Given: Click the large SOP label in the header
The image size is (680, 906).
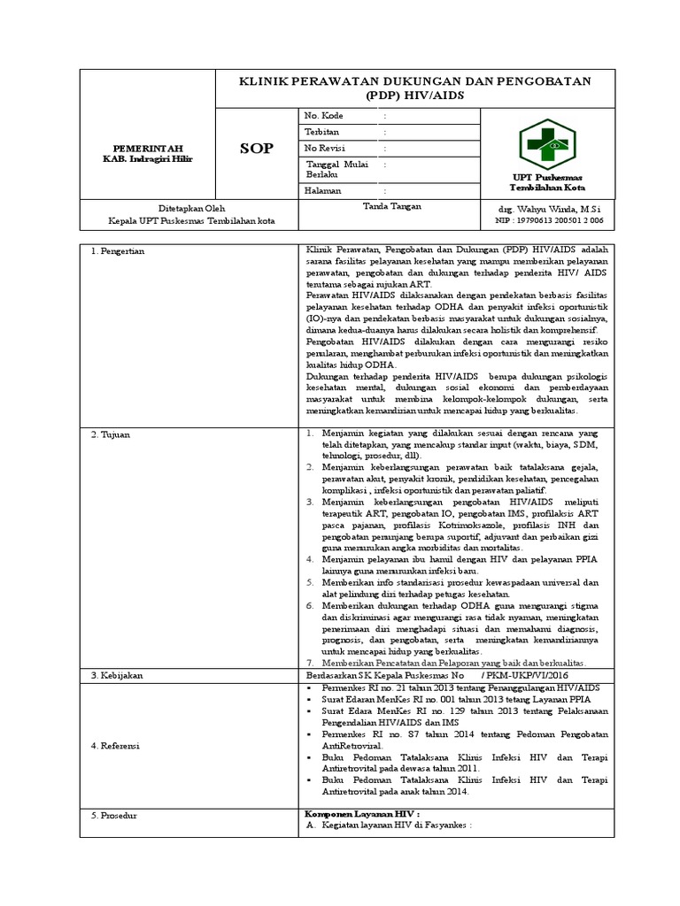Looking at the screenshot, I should pyautogui.click(x=256, y=149).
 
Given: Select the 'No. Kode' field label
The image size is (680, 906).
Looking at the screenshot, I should pyautogui.click(x=324, y=116).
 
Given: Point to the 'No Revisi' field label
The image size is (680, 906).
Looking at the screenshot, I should pyautogui.click(x=324, y=148).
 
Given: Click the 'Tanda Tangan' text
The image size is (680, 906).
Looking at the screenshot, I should pyautogui.click(x=391, y=206).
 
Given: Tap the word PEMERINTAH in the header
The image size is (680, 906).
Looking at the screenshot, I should pyautogui.click(x=147, y=147).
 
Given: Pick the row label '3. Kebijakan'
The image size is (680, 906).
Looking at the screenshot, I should pyautogui.click(x=117, y=675).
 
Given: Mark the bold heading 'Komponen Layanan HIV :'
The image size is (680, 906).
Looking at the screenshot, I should pyautogui.click(x=361, y=812).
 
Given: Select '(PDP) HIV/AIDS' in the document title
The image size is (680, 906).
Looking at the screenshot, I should pyautogui.click(x=414, y=95).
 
